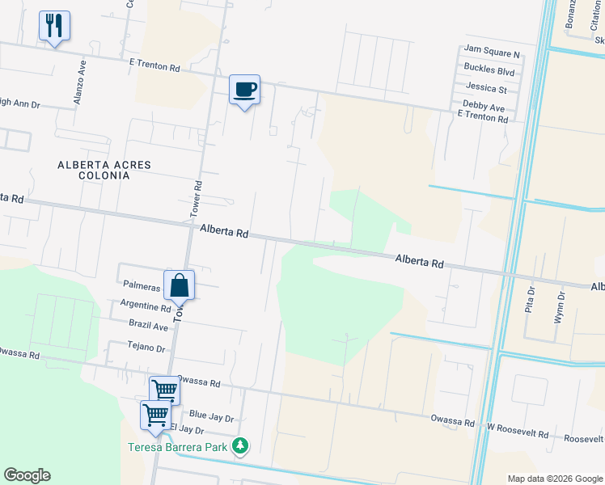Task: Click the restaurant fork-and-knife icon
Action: coord(54,26)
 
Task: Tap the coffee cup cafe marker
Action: coord(244,89)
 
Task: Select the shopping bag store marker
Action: coord(180,285)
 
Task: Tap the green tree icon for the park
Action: coord(240,445)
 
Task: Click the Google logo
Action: coord(27,475)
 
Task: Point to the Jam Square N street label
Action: coord(492,53)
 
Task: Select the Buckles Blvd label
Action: coord(489,71)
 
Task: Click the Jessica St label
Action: coord(485,89)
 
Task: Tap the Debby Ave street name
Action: coord(484,107)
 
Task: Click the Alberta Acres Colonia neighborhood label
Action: coord(104,170)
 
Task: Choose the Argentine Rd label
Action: coord(145,306)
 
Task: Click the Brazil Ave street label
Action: coord(148,326)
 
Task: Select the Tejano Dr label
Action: coord(146,348)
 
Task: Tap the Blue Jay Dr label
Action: coord(211,418)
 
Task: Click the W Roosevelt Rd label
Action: coord(518,432)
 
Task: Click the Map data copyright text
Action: coord(554,479)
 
